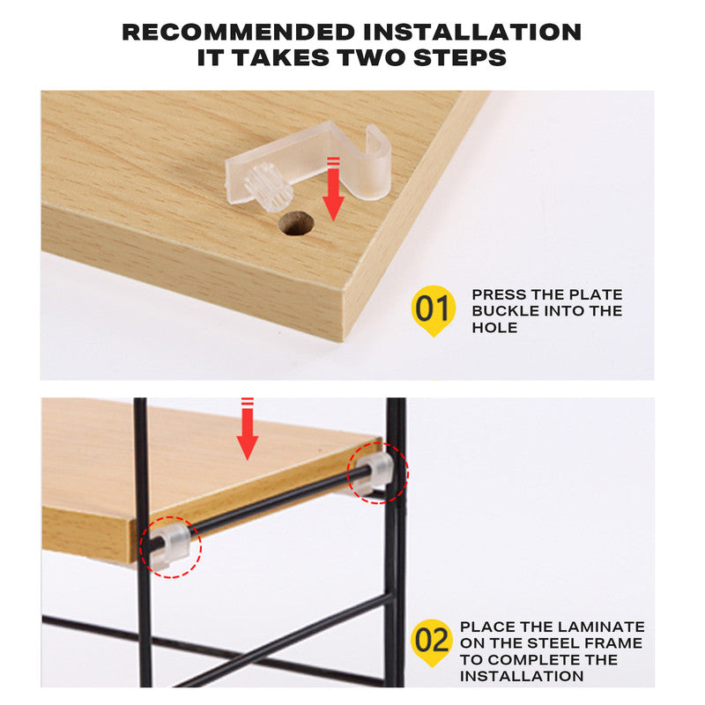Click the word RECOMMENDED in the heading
pos(240,33)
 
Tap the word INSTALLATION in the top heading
pos(472,33)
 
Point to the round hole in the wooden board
pos(297,223)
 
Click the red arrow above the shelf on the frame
pos(248,430)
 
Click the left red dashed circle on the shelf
pos(170,547)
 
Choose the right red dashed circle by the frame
pos(376,472)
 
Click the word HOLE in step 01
pos(494,328)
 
